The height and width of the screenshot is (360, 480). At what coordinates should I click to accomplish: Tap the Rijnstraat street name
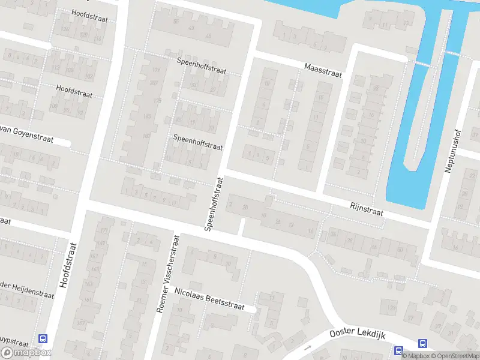point(366,210)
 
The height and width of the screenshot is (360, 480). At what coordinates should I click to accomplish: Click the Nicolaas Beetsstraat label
point(210,298)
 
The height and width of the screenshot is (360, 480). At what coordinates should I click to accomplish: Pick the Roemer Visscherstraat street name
point(169,273)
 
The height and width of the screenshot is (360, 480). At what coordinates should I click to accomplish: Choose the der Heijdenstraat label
point(27,288)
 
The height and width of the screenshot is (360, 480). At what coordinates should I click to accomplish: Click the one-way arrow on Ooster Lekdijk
point(308,347)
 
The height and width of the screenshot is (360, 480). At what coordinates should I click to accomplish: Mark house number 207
point(154,83)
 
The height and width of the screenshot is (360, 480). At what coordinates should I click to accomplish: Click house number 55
point(176,22)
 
